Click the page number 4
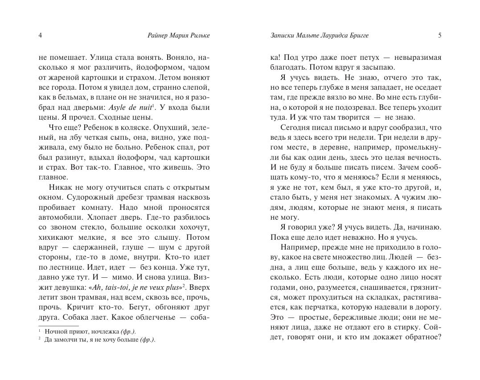click(x=40, y=36)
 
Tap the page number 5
click(x=439, y=36)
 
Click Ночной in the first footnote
click(x=55, y=331)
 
